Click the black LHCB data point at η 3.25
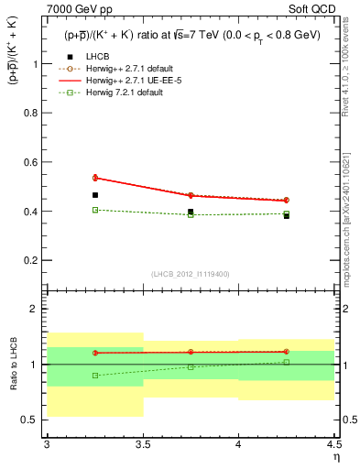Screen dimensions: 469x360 point(94,195)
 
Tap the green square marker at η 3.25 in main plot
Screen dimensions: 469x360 point(94,210)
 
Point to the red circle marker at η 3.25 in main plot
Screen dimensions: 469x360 point(94,178)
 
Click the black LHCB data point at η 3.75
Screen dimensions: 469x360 point(191,212)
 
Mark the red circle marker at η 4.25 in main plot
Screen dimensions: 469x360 point(287,200)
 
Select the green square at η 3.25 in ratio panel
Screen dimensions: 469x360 point(94,376)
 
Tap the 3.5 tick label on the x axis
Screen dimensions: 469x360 point(142,444)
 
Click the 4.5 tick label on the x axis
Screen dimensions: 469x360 point(333,444)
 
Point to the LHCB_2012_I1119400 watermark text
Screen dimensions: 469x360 point(191,274)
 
